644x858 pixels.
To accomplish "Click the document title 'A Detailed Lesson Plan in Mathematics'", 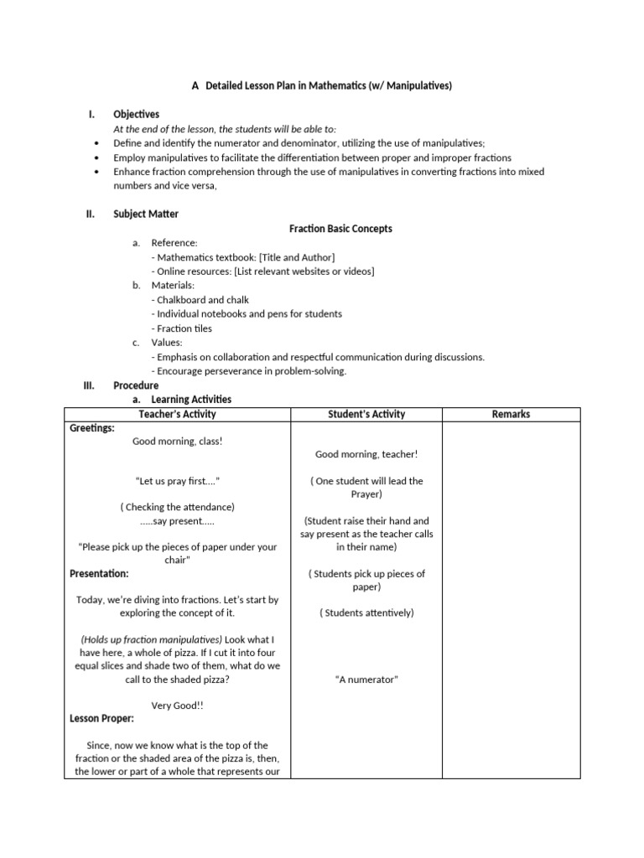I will click(x=321, y=85).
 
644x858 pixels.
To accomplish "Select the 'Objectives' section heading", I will click(x=136, y=114).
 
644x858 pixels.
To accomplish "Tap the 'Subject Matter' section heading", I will click(x=146, y=214).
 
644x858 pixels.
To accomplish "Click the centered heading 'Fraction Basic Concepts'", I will click(x=340, y=228).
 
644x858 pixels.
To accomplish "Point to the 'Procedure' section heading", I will click(x=136, y=385).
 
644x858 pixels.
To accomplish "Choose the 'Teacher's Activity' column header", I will click(x=177, y=414).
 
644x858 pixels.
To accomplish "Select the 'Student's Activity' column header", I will click(x=366, y=414).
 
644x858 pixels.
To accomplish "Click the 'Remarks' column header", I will click(x=511, y=414).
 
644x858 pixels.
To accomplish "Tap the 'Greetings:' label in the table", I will click(x=91, y=427).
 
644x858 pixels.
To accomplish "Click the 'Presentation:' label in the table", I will click(x=99, y=574).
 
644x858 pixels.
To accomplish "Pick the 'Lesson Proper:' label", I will click(x=101, y=718).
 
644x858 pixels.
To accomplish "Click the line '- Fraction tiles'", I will click(x=182, y=328).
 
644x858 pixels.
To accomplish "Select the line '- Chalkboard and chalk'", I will click(x=200, y=299).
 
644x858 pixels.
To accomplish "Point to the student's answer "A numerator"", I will click(x=366, y=680).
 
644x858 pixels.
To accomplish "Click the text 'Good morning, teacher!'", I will click(x=366, y=454).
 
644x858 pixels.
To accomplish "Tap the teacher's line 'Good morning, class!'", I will click(x=177, y=441).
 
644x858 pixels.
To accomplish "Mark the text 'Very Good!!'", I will click(x=177, y=706).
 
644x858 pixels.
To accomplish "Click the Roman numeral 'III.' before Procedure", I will click(x=88, y=385).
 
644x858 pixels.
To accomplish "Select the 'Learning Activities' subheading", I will click(x=191, y=400).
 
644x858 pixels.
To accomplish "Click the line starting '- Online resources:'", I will click(x=262, y=271).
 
